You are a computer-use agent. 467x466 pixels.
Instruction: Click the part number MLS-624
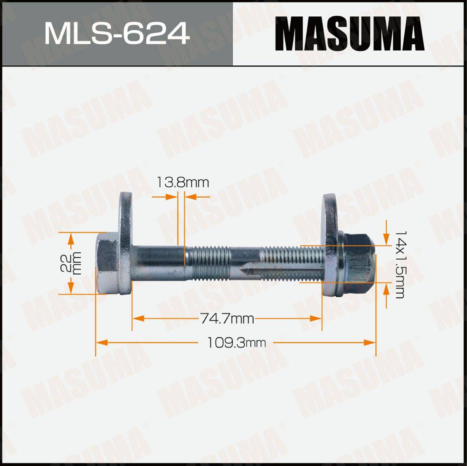pyautogui.click(x=117, y=33)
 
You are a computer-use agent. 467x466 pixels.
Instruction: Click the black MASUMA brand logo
pyautogui.click(x=350, y=34)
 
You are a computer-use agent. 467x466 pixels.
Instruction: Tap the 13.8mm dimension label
pyautogui.click(x=183, y=182)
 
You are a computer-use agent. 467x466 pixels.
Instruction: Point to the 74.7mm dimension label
pyautogui.click(x=227, y=319)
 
